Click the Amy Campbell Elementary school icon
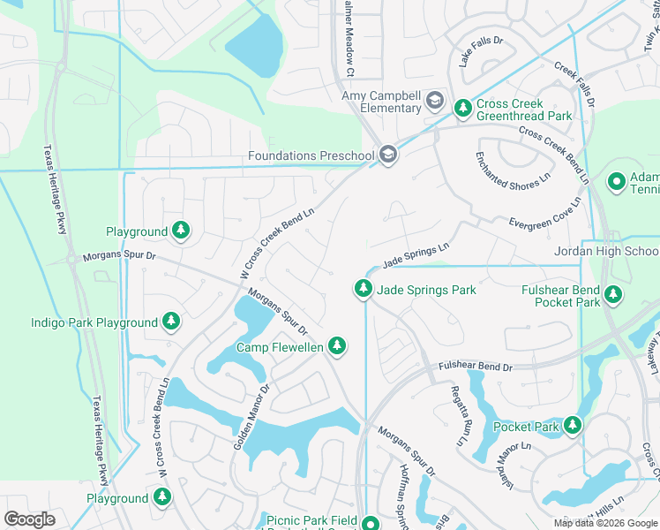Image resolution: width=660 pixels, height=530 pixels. (x=434, y=102)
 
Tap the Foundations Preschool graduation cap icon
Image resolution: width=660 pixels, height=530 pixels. (x=387, y=155)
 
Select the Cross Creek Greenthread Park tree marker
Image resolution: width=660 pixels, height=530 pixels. (x=461, y=109)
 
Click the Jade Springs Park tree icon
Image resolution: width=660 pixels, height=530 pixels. (x=363, y=289)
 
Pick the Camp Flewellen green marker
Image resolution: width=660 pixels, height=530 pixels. (x=336, y=347)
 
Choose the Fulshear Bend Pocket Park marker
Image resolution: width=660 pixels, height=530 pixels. (x=613, y=295)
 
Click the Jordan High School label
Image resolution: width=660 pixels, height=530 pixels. (x=606, y=251)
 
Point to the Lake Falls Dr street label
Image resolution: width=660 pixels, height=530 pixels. (x=480, y=52)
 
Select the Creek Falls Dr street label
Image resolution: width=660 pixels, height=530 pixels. (x=574, y=85)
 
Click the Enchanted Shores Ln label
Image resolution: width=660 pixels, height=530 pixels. (x=513, y=170)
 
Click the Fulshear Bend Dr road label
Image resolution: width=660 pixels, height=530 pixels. (x=476, y=367)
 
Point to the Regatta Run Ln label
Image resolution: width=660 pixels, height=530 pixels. (x=459, y=415)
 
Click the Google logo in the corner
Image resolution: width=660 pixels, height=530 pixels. (x=30, y=519)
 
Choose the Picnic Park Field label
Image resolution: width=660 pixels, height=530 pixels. (x=311, y=520)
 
